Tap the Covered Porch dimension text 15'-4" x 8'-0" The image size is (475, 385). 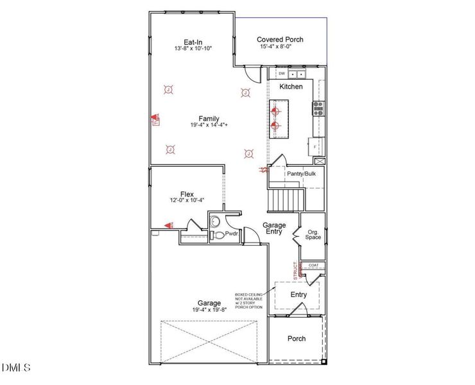point(281,47)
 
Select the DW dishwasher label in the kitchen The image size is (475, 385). point(281,73)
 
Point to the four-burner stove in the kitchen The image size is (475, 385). point(317,108)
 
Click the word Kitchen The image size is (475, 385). point(291,87)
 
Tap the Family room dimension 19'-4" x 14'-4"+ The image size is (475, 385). point(209,126)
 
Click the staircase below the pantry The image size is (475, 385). point(285,200)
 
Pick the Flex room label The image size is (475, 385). point(187,194)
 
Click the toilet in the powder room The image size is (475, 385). point(218,235)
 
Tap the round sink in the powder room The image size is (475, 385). point(215,222)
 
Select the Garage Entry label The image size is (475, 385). point(274,228)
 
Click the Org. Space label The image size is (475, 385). point(313,234)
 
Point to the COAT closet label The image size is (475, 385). point(313,265)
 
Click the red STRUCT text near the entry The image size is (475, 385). point(295,269)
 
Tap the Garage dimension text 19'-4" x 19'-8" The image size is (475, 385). point(209,310)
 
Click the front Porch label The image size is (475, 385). point(296,339)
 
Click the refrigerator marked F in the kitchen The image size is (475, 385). point(315,146)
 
